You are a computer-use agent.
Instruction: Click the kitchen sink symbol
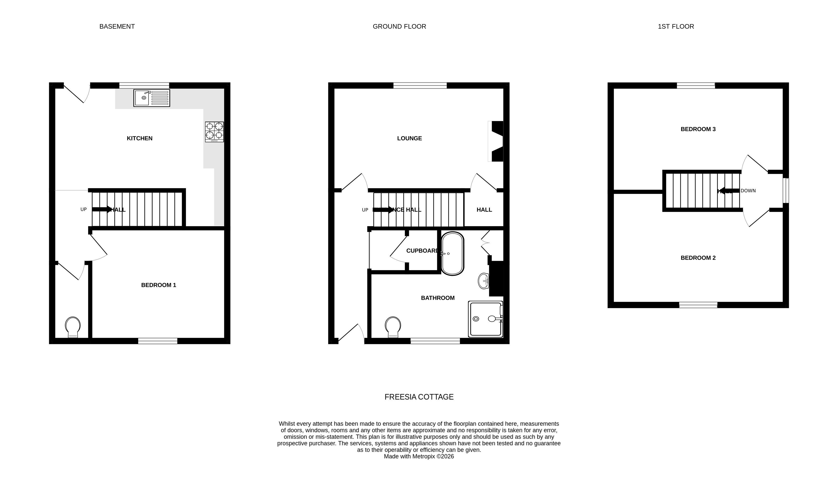[x=152, y=98]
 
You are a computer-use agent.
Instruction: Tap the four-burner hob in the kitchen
[x=214, y=131]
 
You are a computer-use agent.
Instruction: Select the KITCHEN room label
[x=139, y=138]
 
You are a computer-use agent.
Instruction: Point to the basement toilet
[x=73, y=327]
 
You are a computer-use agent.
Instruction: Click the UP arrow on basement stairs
[x=102, y=209]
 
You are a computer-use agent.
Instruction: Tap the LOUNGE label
[x=409, y=138]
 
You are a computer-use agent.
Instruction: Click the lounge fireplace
[x=496, y=141]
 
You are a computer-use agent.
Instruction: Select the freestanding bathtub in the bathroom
[x=452, y=253]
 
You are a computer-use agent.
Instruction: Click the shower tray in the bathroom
[x=485, y=319]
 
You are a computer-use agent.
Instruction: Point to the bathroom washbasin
[x=484, y=281]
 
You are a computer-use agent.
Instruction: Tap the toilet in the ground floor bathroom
[x=393, y=327]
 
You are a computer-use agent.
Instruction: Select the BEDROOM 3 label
[x=698, y=129]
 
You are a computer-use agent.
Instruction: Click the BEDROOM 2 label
[x=698, y=258]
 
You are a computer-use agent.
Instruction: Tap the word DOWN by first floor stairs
[x=748, y=191]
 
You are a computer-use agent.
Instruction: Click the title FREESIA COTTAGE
[x=419, y=397]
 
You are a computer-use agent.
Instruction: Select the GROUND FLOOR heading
[x=399, y=27]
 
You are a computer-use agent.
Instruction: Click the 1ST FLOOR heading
[x=676, y=27]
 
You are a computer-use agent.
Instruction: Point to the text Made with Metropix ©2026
[x=419, y=456]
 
